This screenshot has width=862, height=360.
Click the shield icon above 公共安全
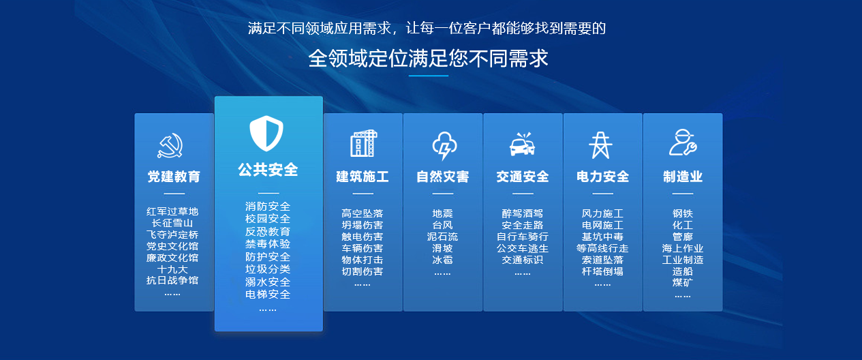click(x=266, y=133)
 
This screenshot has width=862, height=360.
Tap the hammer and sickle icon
click(x=170, y=145)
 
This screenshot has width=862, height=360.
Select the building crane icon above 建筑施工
click(x=364, y=143)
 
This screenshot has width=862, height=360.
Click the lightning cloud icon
click(x=444, y=145)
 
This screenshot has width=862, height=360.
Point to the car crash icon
click(x=523, y=144)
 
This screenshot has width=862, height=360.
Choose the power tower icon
click(x=601, y=145)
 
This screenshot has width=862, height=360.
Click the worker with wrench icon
click(x=683, y=142)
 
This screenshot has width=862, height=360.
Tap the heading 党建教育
click(x=174, y=177)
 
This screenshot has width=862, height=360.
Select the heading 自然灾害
click(x=442, y=177)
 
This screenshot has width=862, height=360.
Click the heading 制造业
click(x=683, y=177)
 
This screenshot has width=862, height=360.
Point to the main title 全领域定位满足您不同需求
click(x=429, y=59)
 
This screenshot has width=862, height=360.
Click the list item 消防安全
click(x=268, y=207)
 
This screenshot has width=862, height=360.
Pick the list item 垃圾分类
click(x=268, y=269)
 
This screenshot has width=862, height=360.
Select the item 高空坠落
click(x=363, y=213)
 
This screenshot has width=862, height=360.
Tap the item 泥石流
click(x=442, y=237)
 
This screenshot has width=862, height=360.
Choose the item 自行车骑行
click(x=523, y=237)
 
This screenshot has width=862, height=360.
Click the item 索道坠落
click(x=602, y=260)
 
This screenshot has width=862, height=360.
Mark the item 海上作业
click(x=683, y=248)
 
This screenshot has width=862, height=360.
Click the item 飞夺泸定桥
click(x=172, y=235)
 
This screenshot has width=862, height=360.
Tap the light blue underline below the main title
click(x=429, y=76)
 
